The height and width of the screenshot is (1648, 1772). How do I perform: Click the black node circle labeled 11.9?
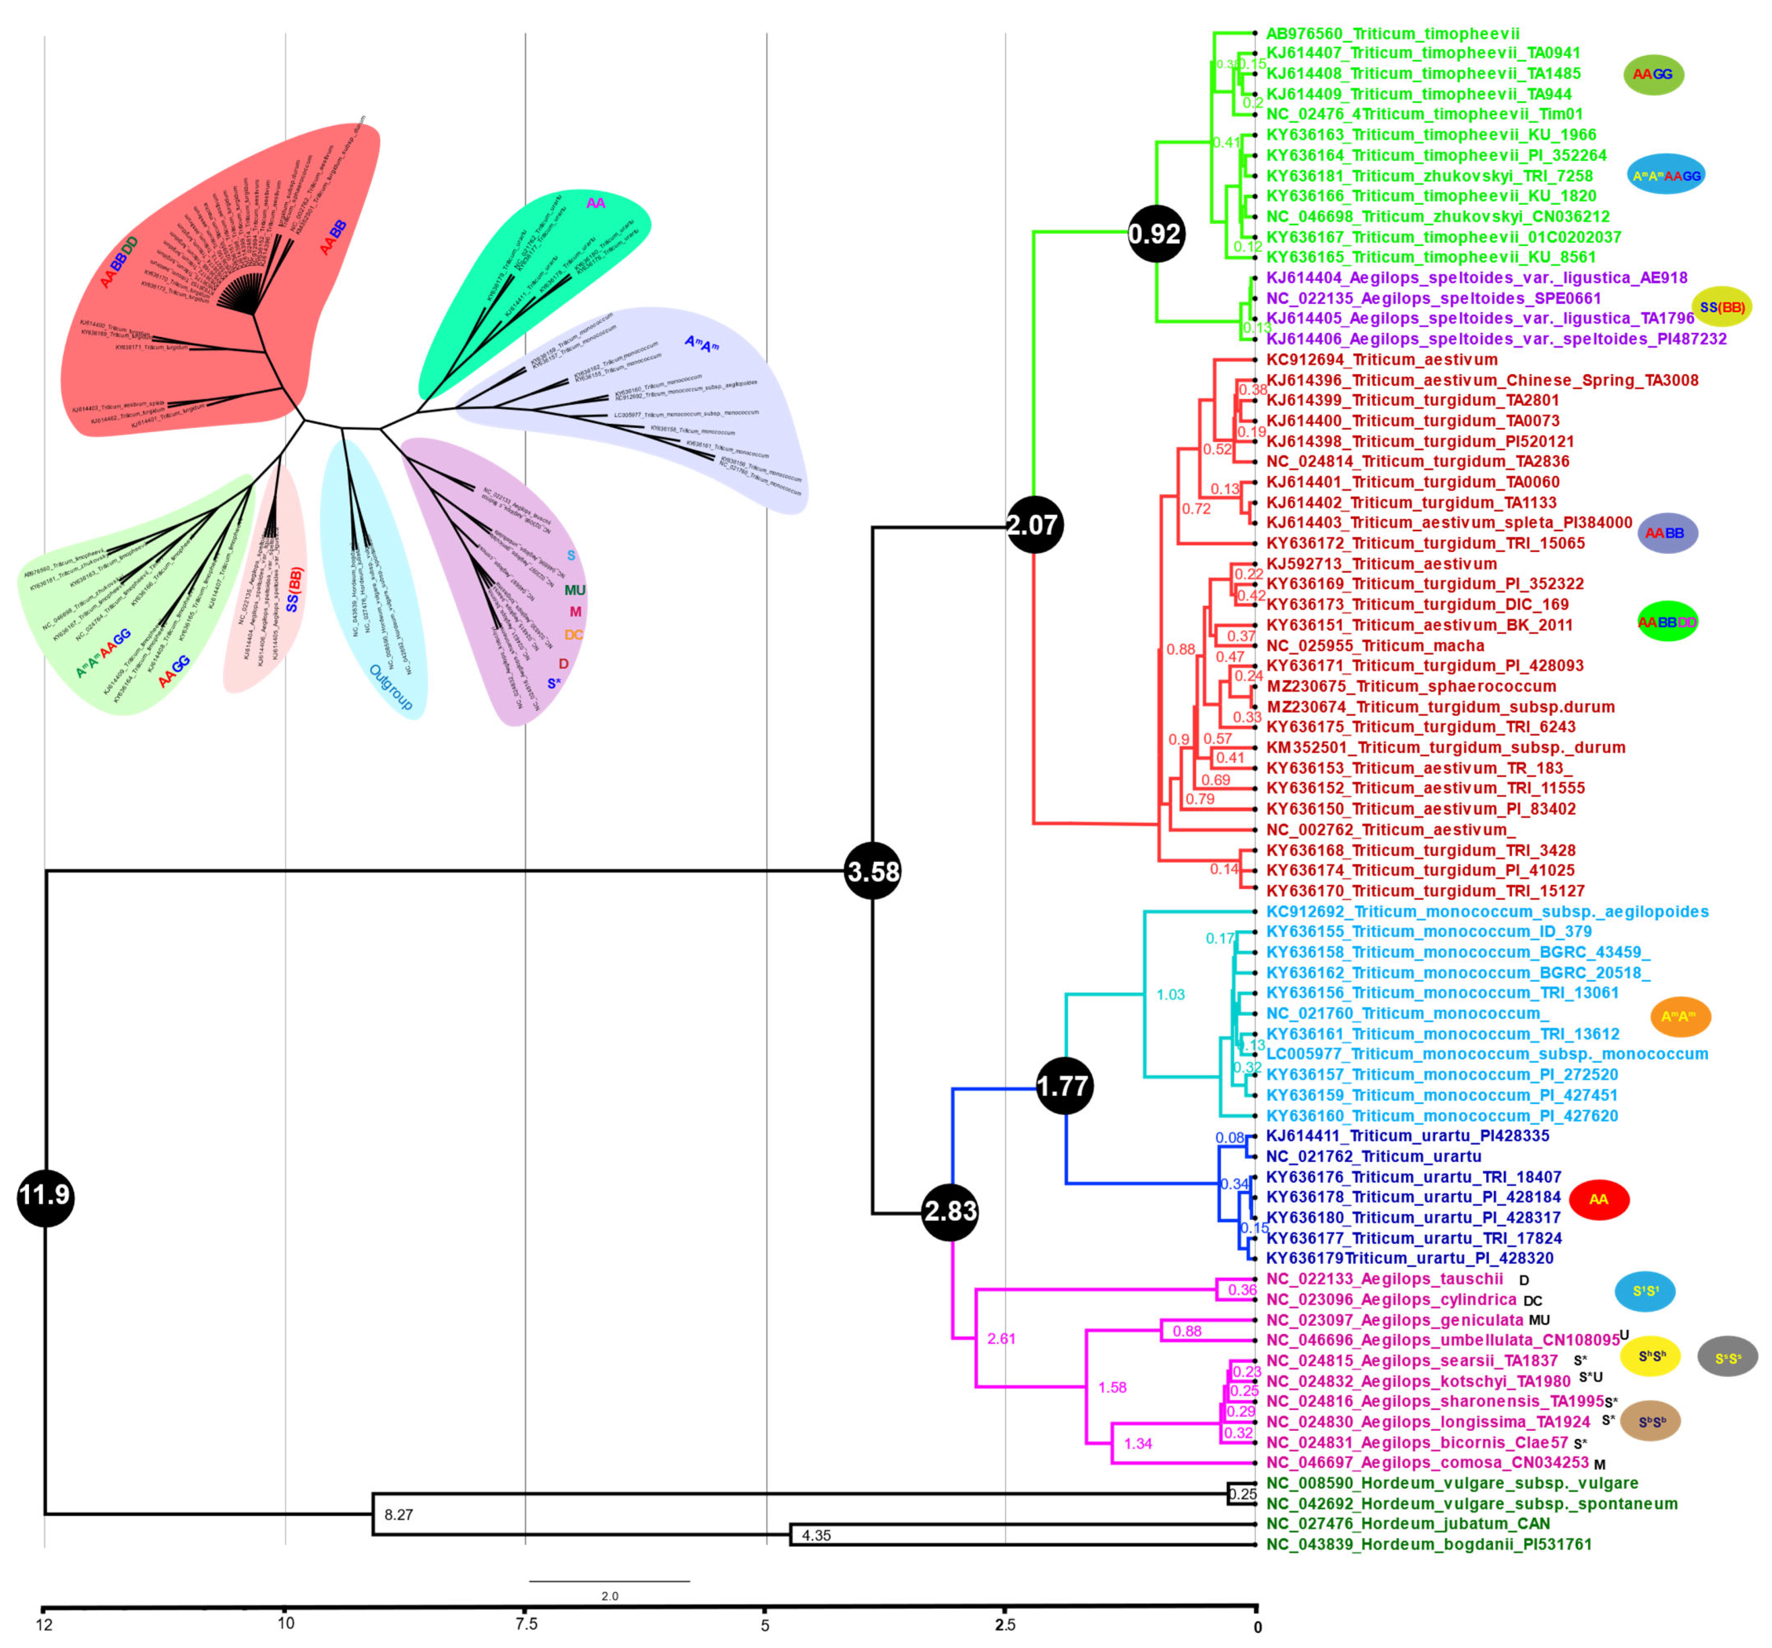(x=44, y=1197)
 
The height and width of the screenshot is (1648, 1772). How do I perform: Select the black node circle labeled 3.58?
(x=873, y=871)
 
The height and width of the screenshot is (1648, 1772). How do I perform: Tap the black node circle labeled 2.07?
(x=1033, y=525)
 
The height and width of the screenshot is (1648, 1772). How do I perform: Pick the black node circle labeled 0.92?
(x=1156, y=234)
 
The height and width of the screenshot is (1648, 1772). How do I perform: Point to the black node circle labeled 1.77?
(x=1064, y=1086)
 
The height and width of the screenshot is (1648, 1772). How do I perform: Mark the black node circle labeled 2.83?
(x=950, y=1211)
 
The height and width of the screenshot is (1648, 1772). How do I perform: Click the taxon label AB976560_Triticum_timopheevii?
(x=1392, y=34)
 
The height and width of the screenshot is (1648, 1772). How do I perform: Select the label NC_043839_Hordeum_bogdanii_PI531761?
(x=1429, y=1544)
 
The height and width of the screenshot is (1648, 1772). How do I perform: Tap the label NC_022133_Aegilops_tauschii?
(x=1384, y=1279)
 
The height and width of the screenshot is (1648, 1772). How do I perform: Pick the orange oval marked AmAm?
(x=1680, y=1016)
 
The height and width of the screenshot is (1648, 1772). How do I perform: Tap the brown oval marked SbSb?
(x=1651, y=1422)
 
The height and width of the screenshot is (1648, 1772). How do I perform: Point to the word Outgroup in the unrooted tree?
(x=391, y=687)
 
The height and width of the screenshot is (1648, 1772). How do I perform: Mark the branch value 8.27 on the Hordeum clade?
(x=398, y=1514)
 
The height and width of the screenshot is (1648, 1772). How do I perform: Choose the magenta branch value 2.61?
(x=1001, y=1338)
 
